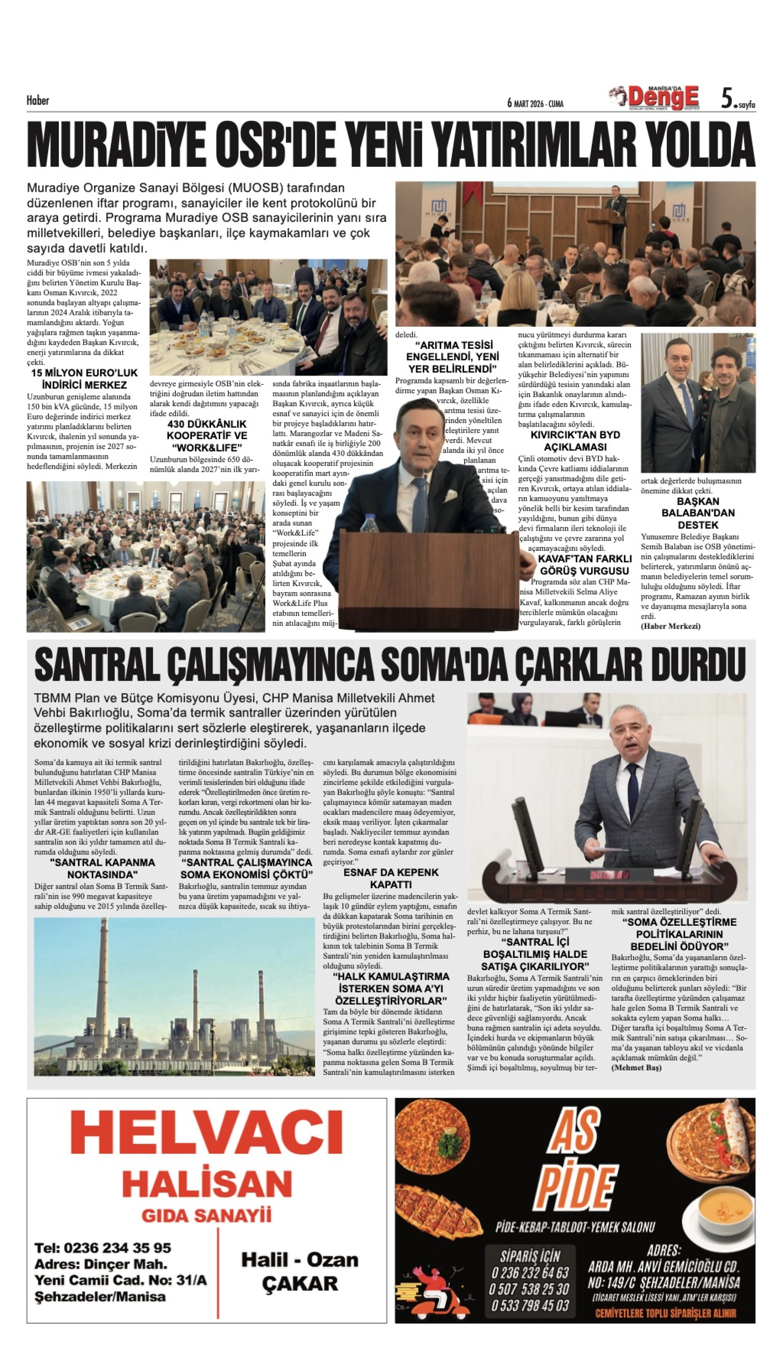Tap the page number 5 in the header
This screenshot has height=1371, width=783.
click(727, 99)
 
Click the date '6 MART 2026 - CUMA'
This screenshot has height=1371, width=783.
click(535, 103)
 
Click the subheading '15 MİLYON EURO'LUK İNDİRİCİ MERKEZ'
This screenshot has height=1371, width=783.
click(84, 379)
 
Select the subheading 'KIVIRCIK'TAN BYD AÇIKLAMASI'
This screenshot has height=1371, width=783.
click(575, 441)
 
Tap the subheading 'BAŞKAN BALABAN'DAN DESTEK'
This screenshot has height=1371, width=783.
click(698, 513)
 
